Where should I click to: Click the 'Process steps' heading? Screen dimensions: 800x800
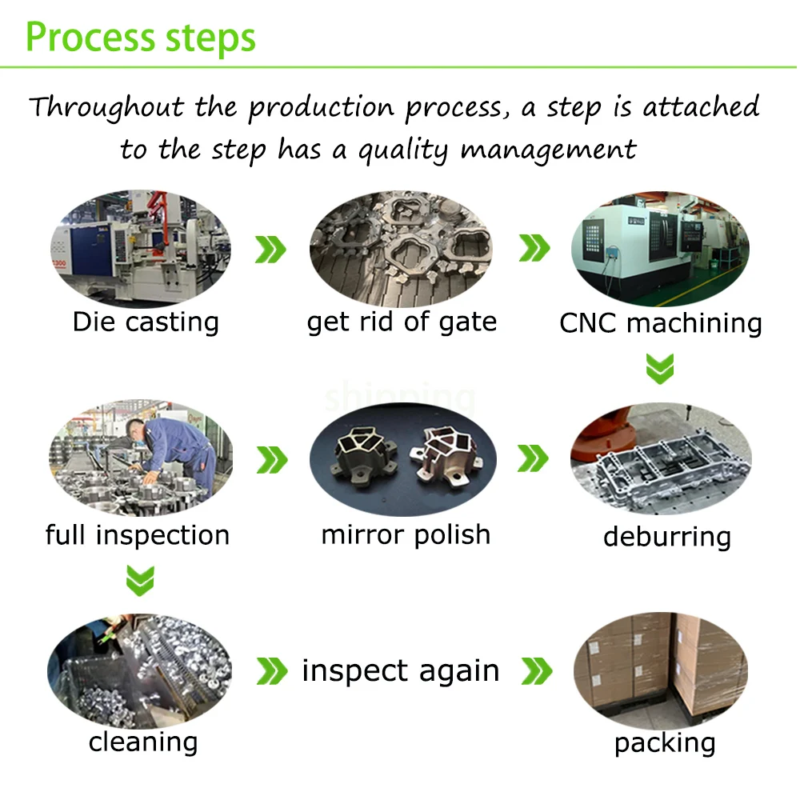point(141,37)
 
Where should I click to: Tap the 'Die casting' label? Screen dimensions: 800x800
point(146,322)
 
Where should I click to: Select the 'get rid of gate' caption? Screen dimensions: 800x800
point(402,322)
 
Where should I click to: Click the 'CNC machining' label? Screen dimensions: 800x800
point(660,323)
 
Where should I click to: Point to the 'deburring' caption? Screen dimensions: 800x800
point(666,536)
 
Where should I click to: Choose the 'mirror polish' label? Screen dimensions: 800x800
point(406,534)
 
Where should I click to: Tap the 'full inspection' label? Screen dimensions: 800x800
point(138,534)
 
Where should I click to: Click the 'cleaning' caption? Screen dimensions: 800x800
point(143,742)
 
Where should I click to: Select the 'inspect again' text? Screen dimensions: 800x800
point(401,670)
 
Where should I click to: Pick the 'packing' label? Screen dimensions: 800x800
point(665,743)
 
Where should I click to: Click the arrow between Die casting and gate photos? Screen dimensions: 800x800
point(270,250)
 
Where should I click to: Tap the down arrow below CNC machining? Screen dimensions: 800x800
point(660,368)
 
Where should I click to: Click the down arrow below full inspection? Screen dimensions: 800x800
point(140,580)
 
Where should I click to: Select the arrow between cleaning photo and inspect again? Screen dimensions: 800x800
point(271,671)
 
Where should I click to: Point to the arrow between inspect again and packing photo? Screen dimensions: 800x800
point(536,671)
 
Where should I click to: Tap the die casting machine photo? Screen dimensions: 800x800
point(140,248)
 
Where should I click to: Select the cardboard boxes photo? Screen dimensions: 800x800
point(662,666)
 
